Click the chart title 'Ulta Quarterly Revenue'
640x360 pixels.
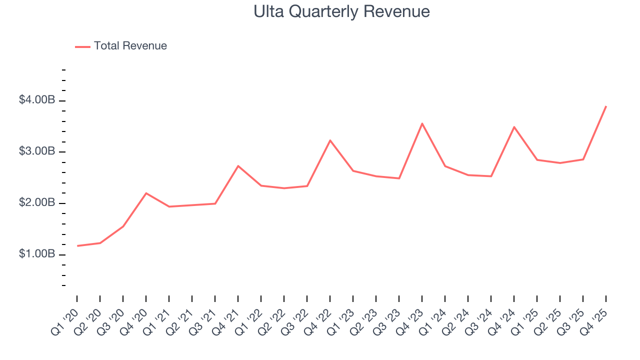[341, 11]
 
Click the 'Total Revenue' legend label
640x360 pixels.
[130, 46]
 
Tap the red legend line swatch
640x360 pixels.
[82, 46]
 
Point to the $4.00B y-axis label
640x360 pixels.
[36, 100]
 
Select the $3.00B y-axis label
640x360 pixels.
[36, 152]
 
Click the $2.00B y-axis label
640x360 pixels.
[36, 203]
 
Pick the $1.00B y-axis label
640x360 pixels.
[36, 254]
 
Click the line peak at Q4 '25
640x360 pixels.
[606, 106]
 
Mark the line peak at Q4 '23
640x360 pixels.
[422, 123]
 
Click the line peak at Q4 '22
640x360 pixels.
[330, 140]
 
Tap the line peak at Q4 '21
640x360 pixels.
[238, 166]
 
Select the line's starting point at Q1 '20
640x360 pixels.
[77, 245]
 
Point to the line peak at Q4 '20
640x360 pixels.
[146, 193]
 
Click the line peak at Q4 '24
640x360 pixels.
[514, 127]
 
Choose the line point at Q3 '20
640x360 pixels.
[123, 226]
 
